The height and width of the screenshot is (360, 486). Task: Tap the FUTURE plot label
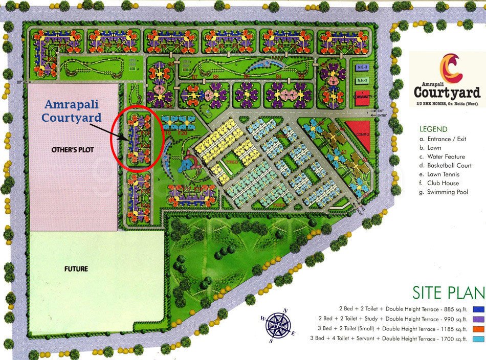click(76, 268)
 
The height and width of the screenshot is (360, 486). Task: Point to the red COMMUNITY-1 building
click(362, 98)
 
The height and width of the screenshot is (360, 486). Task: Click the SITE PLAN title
click(448, 292)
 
